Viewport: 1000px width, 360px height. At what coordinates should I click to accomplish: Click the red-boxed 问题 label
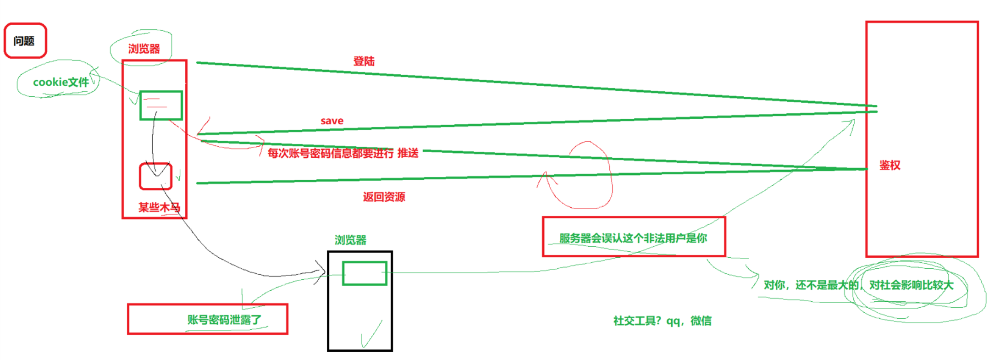(x=24, y=41)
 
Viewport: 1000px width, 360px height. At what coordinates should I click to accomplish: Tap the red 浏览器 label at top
(x=144, y=49)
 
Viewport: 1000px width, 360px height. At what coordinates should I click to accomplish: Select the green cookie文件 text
(x=61, y=82)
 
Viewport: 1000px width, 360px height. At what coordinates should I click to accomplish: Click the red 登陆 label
(x=364, y=61)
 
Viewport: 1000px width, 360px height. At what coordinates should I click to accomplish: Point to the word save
(x=332, y=121)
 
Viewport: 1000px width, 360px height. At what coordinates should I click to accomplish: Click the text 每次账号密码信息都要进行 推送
(x=343, y=153)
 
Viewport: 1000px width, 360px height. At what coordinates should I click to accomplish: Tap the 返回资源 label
(x=384, y=197)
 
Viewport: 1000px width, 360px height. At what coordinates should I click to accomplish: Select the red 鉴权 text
(x=890, y=165)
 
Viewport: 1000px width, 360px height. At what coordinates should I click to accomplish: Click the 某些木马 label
(x=159, y=207)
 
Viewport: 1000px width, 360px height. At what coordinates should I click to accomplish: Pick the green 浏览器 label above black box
(x=351, y=240)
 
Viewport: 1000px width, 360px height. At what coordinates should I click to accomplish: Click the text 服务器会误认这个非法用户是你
(x=633, y=238)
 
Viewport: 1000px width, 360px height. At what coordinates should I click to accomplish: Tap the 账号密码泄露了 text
(x=224, y=320)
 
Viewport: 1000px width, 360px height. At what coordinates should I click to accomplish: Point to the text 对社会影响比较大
(x=912, y=285)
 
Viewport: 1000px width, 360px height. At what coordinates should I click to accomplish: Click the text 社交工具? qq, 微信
(x=663, y=321)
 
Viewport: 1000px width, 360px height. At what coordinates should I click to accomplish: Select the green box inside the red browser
(x=161, y=105)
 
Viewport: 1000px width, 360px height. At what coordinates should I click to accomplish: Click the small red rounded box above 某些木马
(x=155, y=177)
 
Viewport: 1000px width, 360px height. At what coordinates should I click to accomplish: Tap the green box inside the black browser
(x=365, y=273)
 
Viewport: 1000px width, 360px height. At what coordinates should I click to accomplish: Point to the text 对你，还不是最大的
(x=811, y=285)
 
